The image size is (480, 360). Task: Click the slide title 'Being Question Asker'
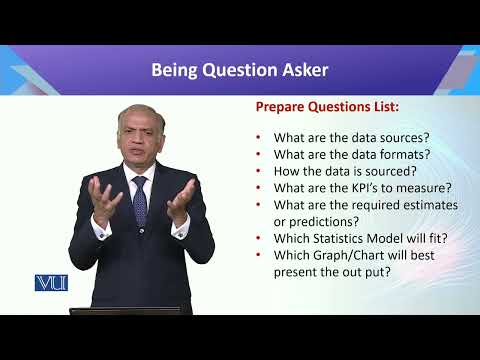point(239,70)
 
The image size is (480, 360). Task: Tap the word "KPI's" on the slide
point(356,187)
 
